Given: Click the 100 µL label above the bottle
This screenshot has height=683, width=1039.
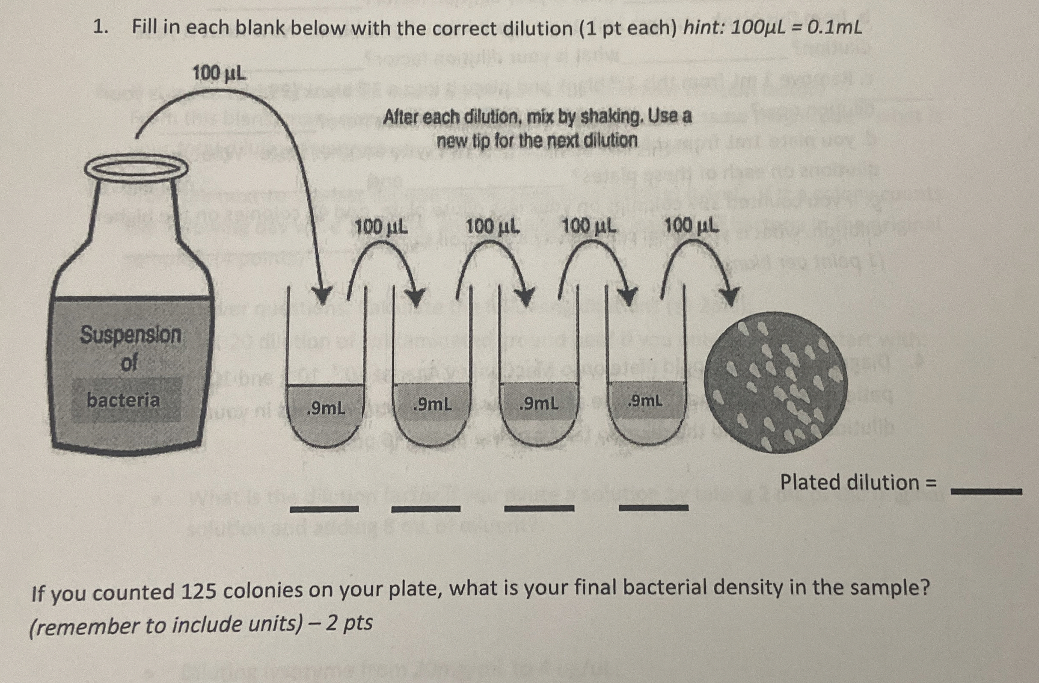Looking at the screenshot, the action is [219, 74].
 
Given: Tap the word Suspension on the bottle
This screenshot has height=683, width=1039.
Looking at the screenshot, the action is [131, 335].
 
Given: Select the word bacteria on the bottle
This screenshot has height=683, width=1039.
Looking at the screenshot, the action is [124, 400].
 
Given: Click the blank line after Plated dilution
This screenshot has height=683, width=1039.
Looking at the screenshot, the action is [986, 491].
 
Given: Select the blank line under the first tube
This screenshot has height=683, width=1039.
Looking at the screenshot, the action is [324, 509].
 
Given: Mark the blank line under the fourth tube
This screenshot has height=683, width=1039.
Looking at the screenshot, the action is [653, 508].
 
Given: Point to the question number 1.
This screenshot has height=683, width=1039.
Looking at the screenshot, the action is [100, 27].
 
